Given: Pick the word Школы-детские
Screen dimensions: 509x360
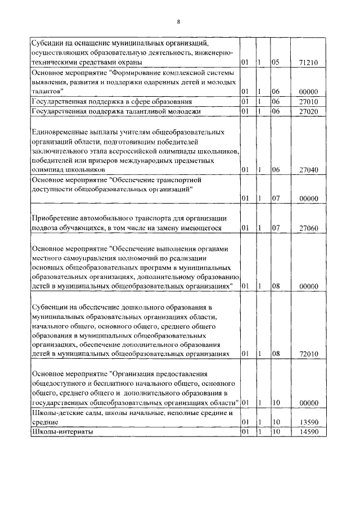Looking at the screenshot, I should pyautogui.click(x=58, y=413).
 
